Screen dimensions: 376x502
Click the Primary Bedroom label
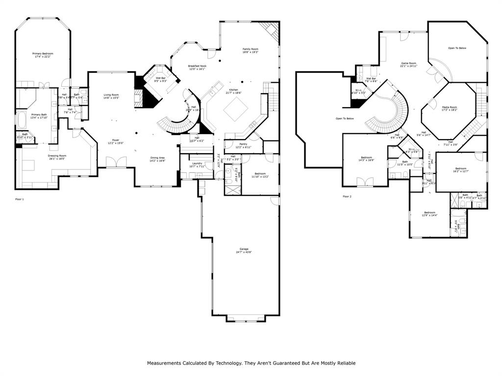[x=43, y=53]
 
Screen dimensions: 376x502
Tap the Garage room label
[x=244, y=249]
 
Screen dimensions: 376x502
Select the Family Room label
[x=250, y=49]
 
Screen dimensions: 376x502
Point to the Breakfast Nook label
[x=197, y=66]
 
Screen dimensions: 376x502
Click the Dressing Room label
[x=57, y=156]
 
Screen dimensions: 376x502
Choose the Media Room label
[x=449, y=107]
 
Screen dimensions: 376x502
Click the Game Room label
[x=408, y=63]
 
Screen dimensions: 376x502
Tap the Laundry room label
[x=197, y=163]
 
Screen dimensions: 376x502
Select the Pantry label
[x=243, y=144]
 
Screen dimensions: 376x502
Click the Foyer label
[x=116, y=140]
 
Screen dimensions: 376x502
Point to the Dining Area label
[x=157, y=158]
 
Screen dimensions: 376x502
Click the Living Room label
[x=111, y=95]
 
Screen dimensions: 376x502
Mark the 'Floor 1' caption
[x=19, y=199]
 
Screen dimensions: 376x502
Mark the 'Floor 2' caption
[x=347, y=196]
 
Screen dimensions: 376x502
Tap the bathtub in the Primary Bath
[x=23, y=119]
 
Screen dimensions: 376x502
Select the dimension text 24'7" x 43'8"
[x=244, y=253]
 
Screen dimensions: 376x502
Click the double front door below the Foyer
[x=115, y=162]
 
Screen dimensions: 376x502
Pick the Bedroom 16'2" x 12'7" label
[x=461, y=168]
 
